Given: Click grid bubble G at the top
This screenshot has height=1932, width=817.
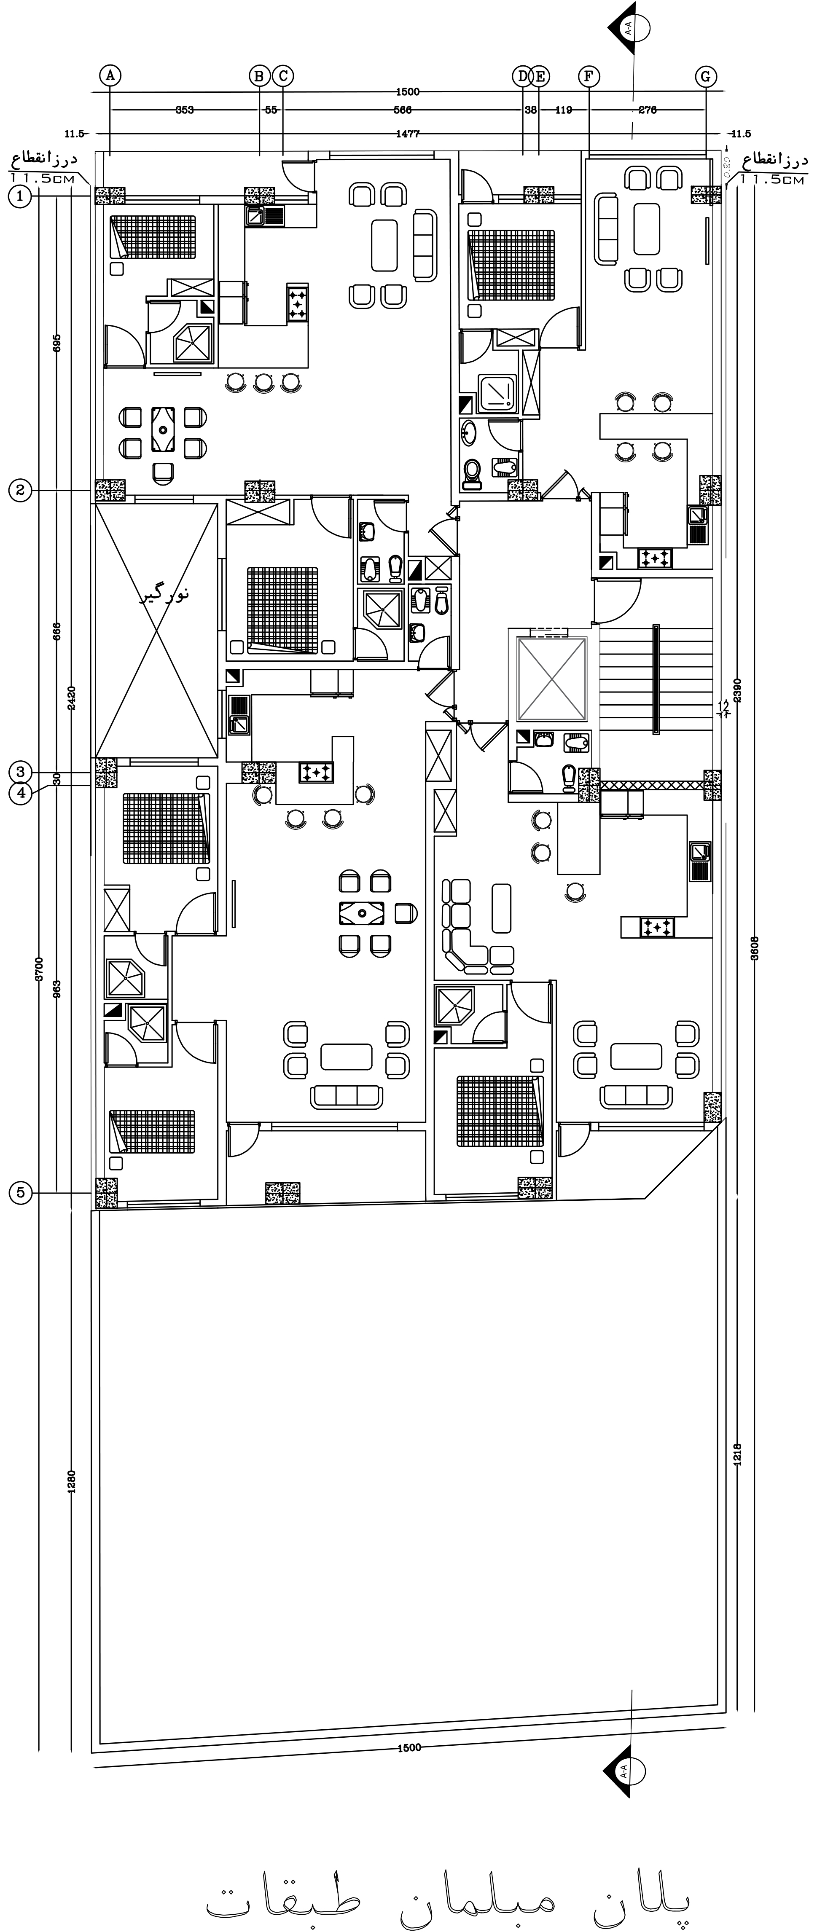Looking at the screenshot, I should [705, 76].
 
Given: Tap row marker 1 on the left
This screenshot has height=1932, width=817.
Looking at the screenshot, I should [20, 196].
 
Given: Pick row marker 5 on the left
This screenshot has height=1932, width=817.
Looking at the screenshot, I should [20, 1192].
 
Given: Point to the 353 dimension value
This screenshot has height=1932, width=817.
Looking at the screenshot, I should [185, 110].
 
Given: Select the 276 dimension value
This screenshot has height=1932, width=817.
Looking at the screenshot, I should [648, 110].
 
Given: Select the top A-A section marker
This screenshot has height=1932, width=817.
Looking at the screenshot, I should [629, 29].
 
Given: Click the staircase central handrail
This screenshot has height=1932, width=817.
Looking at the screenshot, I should [656, 679].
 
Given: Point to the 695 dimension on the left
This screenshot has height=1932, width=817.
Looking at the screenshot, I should [57, 343].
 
